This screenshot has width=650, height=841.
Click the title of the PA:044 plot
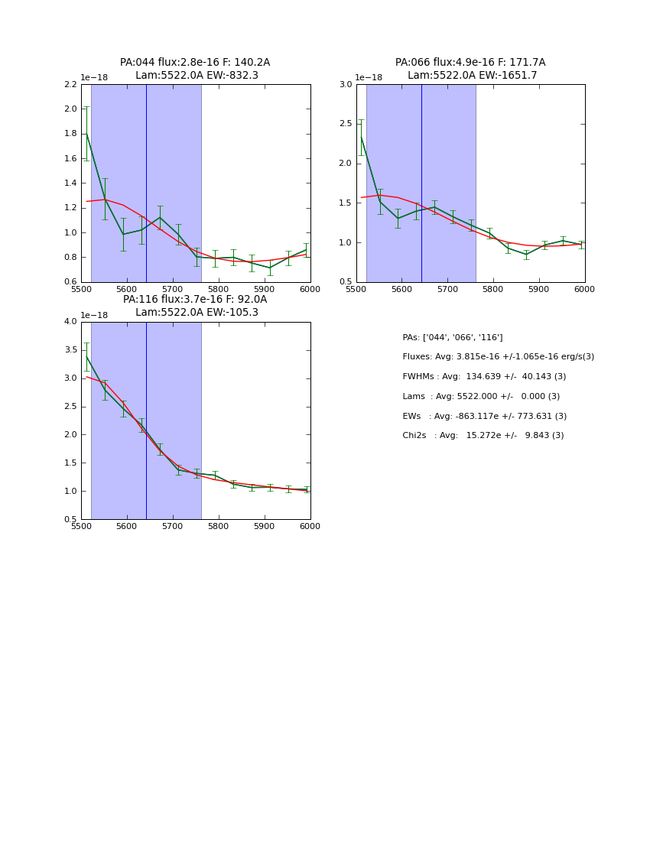click(x=195, y=69)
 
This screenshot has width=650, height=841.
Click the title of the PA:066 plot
click(x=470, y=69)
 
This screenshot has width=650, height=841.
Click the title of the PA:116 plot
click(x=195, y=306)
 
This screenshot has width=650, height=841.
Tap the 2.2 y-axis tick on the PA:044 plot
click(x=70, y=84)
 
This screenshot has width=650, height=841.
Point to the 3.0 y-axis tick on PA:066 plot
click(x=346, y=84)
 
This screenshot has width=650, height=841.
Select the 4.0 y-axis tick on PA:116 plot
click(x=70, y=322)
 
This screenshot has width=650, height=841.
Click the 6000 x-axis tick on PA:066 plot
click(x=584, y=289)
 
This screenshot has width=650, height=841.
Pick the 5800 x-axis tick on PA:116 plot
click(x=219, y=526)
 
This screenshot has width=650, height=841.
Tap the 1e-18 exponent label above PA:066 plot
click(x=369, y=77)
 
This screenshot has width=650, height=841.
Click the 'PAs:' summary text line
click(x=452, y=337)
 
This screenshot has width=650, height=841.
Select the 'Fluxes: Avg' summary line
click(x=498, y=357)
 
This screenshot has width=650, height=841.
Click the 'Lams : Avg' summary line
click(x=481, y=397)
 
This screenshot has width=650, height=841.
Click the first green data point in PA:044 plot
click(x=86, y=134)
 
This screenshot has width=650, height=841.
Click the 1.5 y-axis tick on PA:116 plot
click(x=70, y=463)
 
